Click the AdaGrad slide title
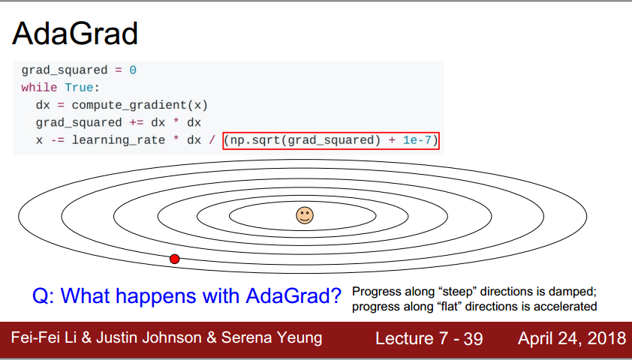pyautogui.click(x=75, y=33)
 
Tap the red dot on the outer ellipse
pyautogui.click(x=175, y=259)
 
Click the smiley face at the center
pyautogui.click(x=305, y=215)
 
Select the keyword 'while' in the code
pyautogui.click(x=39, y=88)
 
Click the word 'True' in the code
pyautogui.click(x=79, y=88)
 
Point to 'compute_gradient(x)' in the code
pyautogui.click(x=140, y=105)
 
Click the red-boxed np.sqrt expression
pyautogui.click(x=331, y=140)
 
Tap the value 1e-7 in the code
pyautogui.click(x=417, y=140)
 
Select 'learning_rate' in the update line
pyautogui.click(x=119, y=140)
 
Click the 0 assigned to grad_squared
pyautogui.click(x=133, y=70)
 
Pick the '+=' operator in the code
pyautogui.click(x=137, y=122)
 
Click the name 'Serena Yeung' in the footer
pyautogui.click(x=272, y=338)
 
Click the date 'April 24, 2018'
pyautogui.click(x=572, y=339)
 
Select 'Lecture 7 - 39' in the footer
pyautogui.click(x=429, y=339)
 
